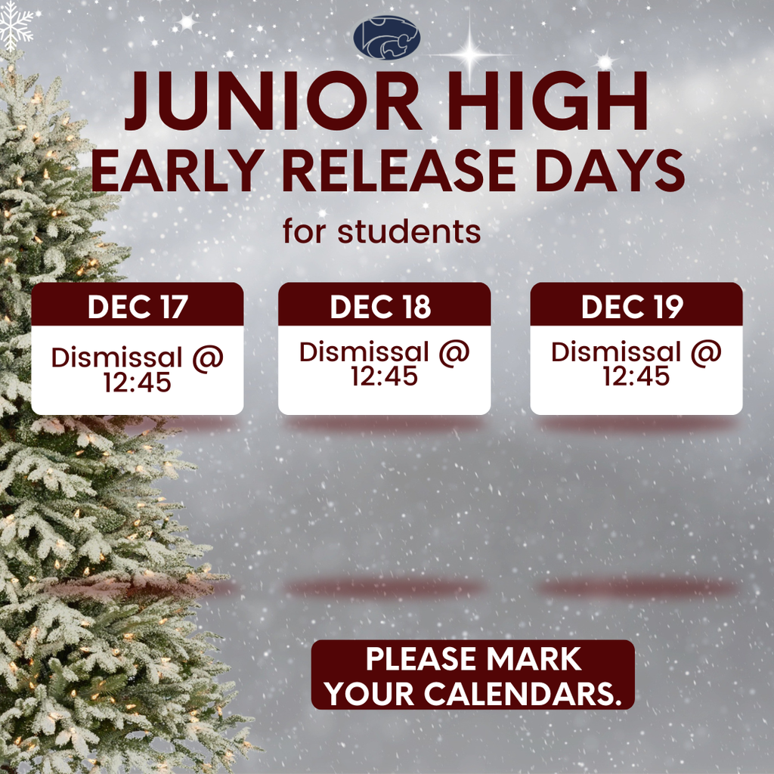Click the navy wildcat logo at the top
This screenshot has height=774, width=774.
point(386,38)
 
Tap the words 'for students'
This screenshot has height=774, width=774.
point(382,231)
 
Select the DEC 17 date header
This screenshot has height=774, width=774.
point(138,307)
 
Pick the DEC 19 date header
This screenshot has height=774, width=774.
point(633,307)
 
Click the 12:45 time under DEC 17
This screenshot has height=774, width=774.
point(138,382)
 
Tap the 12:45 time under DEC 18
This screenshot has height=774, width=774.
point(384,375)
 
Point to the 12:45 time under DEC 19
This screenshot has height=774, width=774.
point(636,375)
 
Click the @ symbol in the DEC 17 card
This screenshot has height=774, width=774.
point(207,358)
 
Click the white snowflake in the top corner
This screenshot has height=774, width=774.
point(16,23)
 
